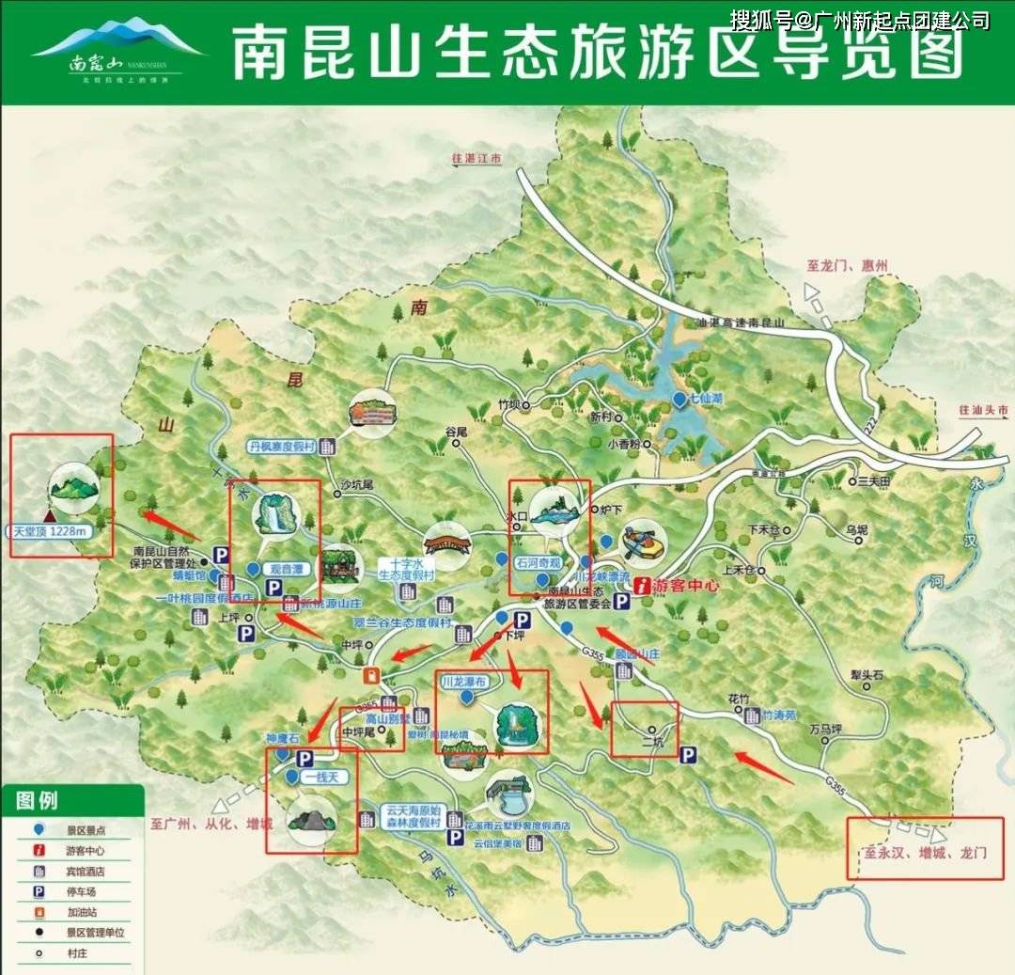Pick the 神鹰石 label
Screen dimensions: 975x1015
pyautogui.click(x=282, y=739)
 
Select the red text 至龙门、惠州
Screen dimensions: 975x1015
pyautogui.click(x=847, y=266)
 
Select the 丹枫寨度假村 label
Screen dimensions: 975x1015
pyautogui.click(x=283, y=447)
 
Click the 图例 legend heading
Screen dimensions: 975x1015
pyautogui.click(x=37, y=801)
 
